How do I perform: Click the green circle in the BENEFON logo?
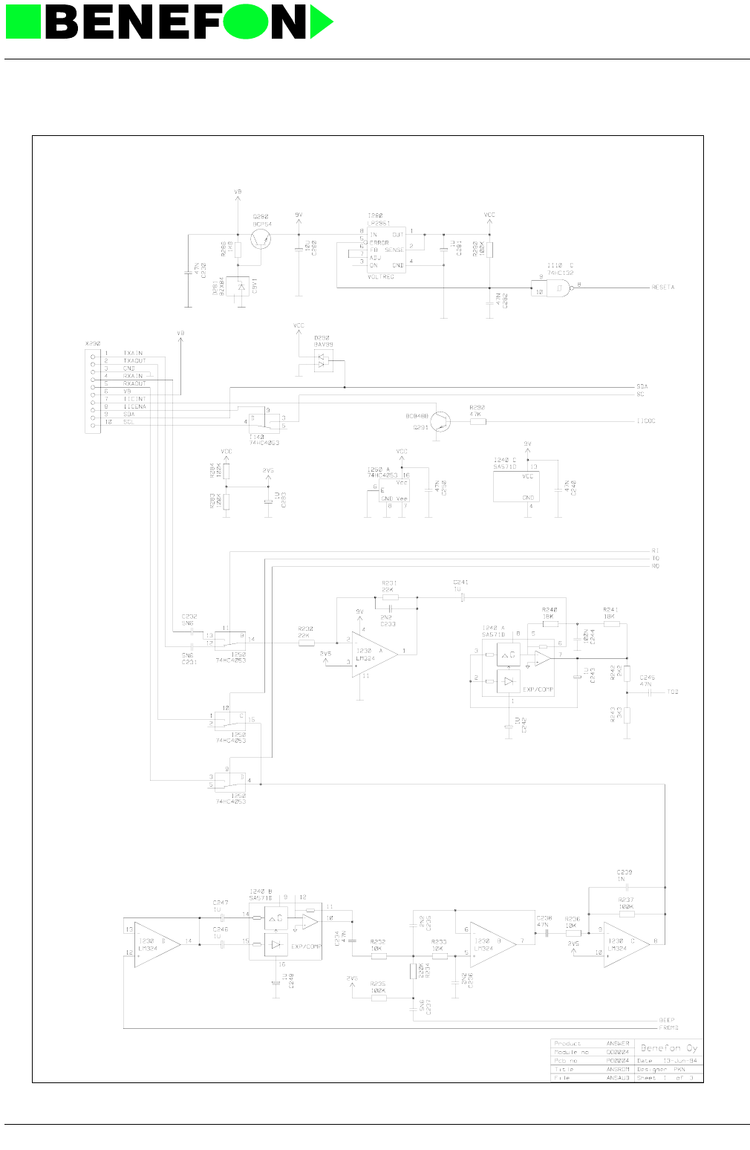coord(247,22)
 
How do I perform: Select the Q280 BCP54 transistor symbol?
coord(260,238)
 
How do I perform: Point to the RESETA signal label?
coord(662,287)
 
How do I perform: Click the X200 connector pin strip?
coord(92,388)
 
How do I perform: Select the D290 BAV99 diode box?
coord(323,360)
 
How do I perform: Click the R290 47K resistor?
coord(478,421)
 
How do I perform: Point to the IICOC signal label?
coord(645,421)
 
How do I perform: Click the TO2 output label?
coord(672,692)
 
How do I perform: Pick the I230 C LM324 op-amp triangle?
coord(625,943)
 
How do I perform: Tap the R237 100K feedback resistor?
coord(627,913)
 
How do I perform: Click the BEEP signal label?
coord(666,1020)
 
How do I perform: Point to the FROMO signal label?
coord(668,1027)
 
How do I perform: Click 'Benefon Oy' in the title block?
coord(669,1047)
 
